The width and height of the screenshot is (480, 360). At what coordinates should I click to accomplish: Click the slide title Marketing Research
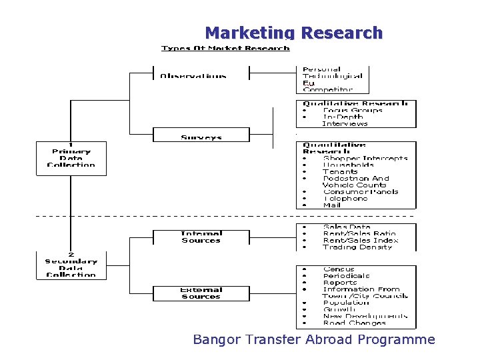coord(293,33)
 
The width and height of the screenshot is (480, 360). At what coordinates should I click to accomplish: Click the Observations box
coord(193,75)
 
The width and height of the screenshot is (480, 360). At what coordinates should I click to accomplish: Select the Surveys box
coord(201,136)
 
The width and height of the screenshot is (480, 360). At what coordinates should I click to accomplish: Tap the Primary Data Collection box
coord(71,157)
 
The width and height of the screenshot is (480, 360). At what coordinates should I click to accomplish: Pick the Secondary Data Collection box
coord(71,265)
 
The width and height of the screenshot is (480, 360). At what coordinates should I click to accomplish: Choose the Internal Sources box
coord(201,237)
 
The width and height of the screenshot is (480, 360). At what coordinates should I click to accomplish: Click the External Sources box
coord(201,293)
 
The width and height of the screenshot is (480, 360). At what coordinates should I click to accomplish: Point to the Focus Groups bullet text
coord(353,111)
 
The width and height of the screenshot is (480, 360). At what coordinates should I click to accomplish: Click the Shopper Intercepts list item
coord(365,159)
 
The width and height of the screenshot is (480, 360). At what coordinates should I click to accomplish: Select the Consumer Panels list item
coord(360,192)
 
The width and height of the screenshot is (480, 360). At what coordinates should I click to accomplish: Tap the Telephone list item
coord(345,199)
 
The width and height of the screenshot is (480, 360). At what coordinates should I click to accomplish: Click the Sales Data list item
coord(347,227)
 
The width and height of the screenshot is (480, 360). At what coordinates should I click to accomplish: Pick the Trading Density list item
coord(357,247)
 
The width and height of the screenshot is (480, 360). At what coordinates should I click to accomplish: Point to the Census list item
coord(338,269)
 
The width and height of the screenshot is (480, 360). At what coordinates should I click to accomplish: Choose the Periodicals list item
coord(346,276)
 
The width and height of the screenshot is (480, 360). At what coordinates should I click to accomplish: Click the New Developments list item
coord(365,317)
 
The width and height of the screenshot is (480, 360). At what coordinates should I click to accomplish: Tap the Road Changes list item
coord(354,323)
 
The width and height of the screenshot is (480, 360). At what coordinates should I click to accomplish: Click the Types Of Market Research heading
coord(225,48)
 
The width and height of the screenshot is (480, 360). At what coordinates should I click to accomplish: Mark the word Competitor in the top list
coord(327,89)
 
